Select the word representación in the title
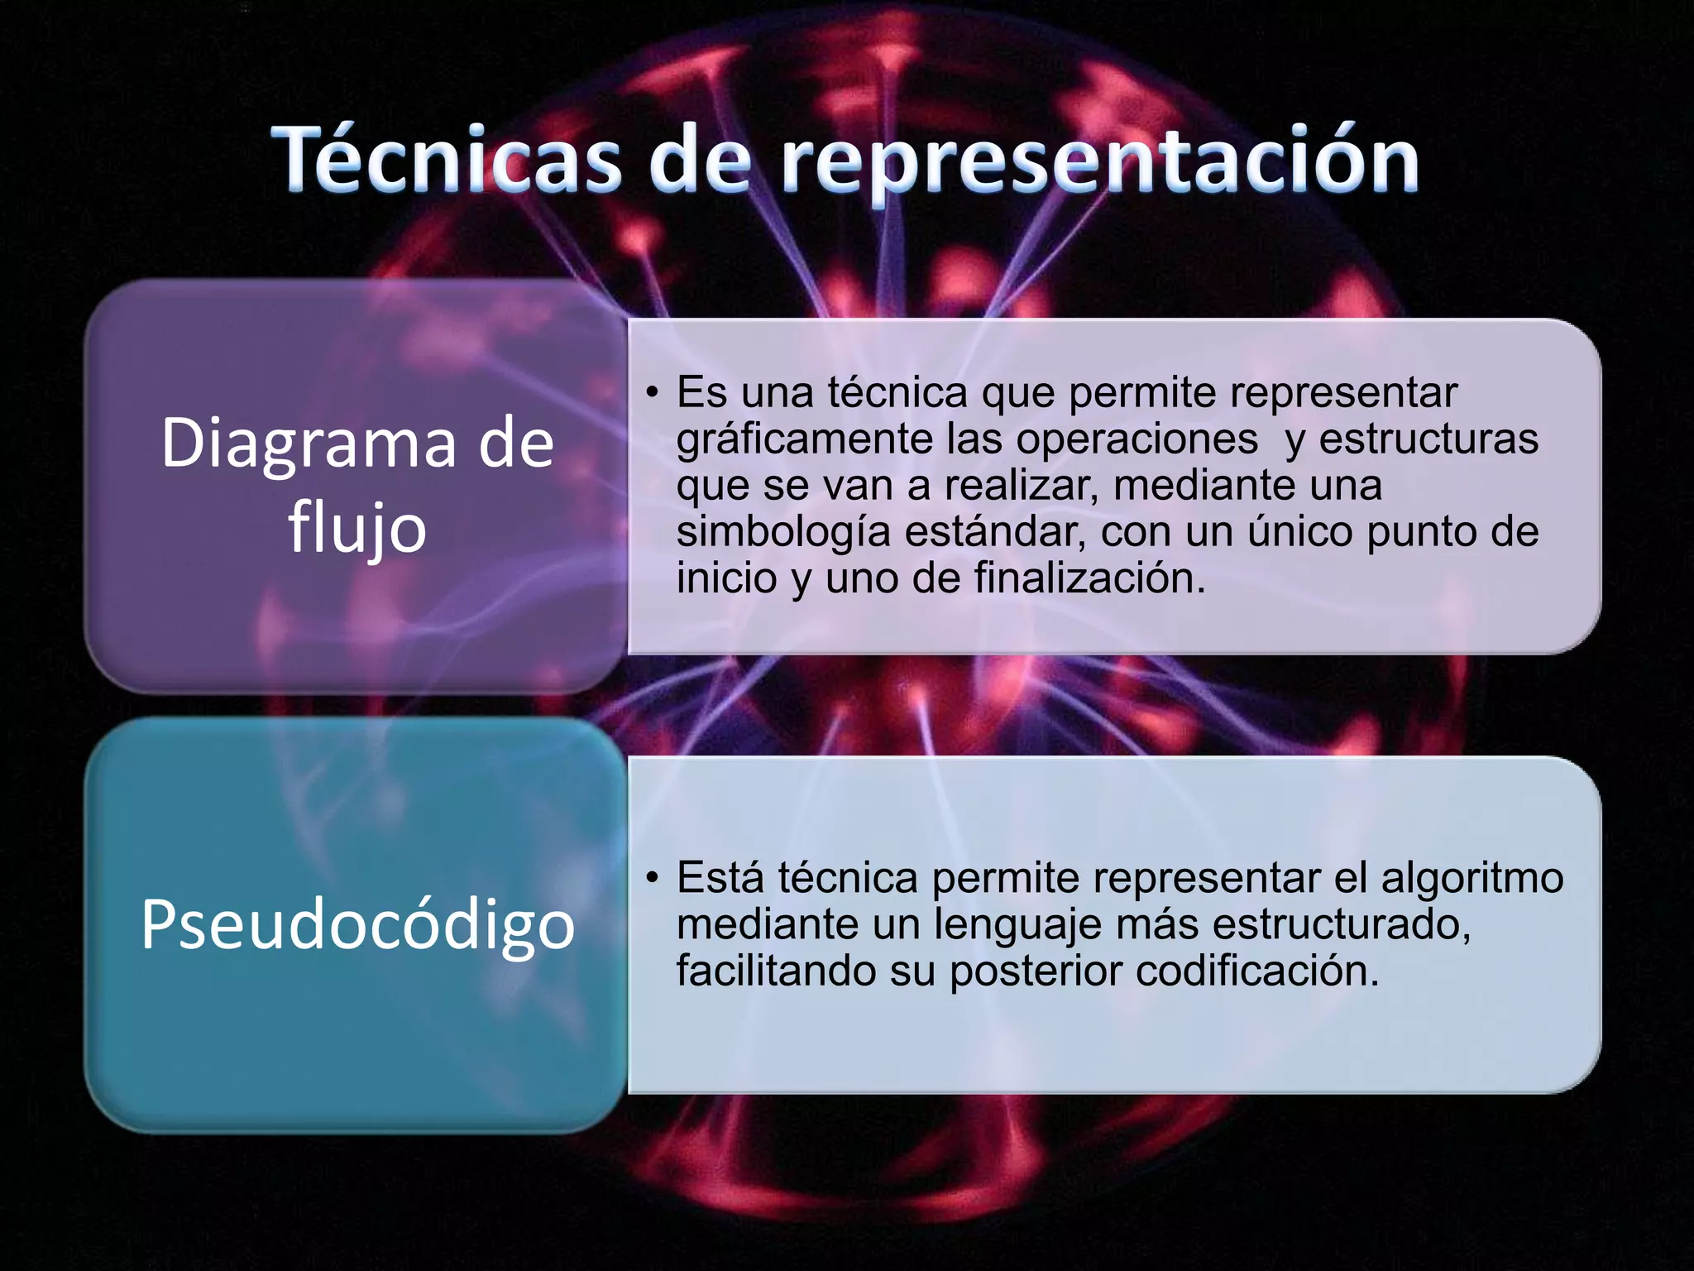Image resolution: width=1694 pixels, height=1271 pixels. tap(1100, 159)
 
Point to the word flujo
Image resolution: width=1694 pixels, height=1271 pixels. tap(357, 530)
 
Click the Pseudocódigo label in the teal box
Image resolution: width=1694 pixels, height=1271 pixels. tap(357, 924)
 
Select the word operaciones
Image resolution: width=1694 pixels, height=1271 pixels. tap(1137, 439)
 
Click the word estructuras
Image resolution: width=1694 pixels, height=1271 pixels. tap(1428, 439)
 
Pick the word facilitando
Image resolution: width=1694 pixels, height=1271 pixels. tap(776, 971)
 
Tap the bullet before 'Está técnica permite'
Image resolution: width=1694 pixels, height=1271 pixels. tap(653, 877)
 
